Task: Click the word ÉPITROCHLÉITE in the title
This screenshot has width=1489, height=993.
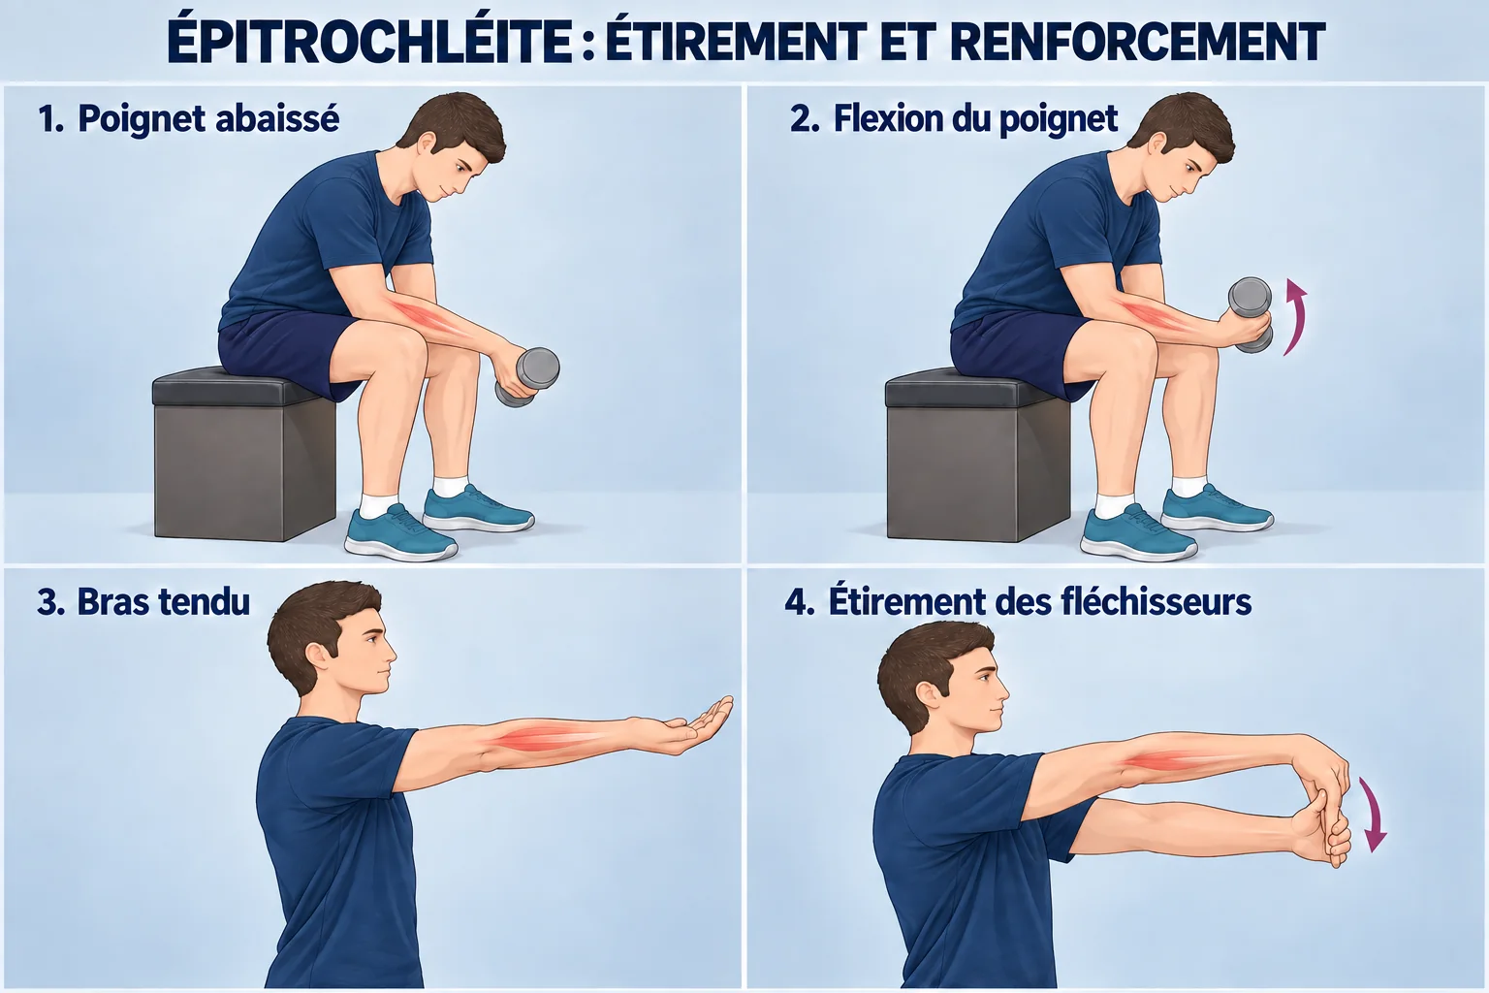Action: (369, 43)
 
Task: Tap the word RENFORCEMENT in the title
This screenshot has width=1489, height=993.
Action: (1137, 43)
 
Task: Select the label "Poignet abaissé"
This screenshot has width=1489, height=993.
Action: (208, 119)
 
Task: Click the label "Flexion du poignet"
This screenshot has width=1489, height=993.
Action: (975, 119)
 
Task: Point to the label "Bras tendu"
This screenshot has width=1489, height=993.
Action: (164, 602)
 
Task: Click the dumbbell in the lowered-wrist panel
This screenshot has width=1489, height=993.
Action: (527, 377)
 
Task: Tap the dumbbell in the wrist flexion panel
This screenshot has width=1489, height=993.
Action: (1251, 314)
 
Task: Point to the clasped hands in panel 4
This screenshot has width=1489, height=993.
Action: (1319, 808)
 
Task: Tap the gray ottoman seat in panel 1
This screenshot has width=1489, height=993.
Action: (243, 457)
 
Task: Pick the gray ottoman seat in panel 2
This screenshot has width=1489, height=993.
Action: (976, 456)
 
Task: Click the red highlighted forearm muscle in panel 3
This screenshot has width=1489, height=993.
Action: (550, 738)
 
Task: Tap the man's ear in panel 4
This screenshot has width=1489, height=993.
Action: (930, 696)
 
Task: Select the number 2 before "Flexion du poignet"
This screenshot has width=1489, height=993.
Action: (805, 119)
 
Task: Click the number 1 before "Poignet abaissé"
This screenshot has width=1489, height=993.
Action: (49, 119)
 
